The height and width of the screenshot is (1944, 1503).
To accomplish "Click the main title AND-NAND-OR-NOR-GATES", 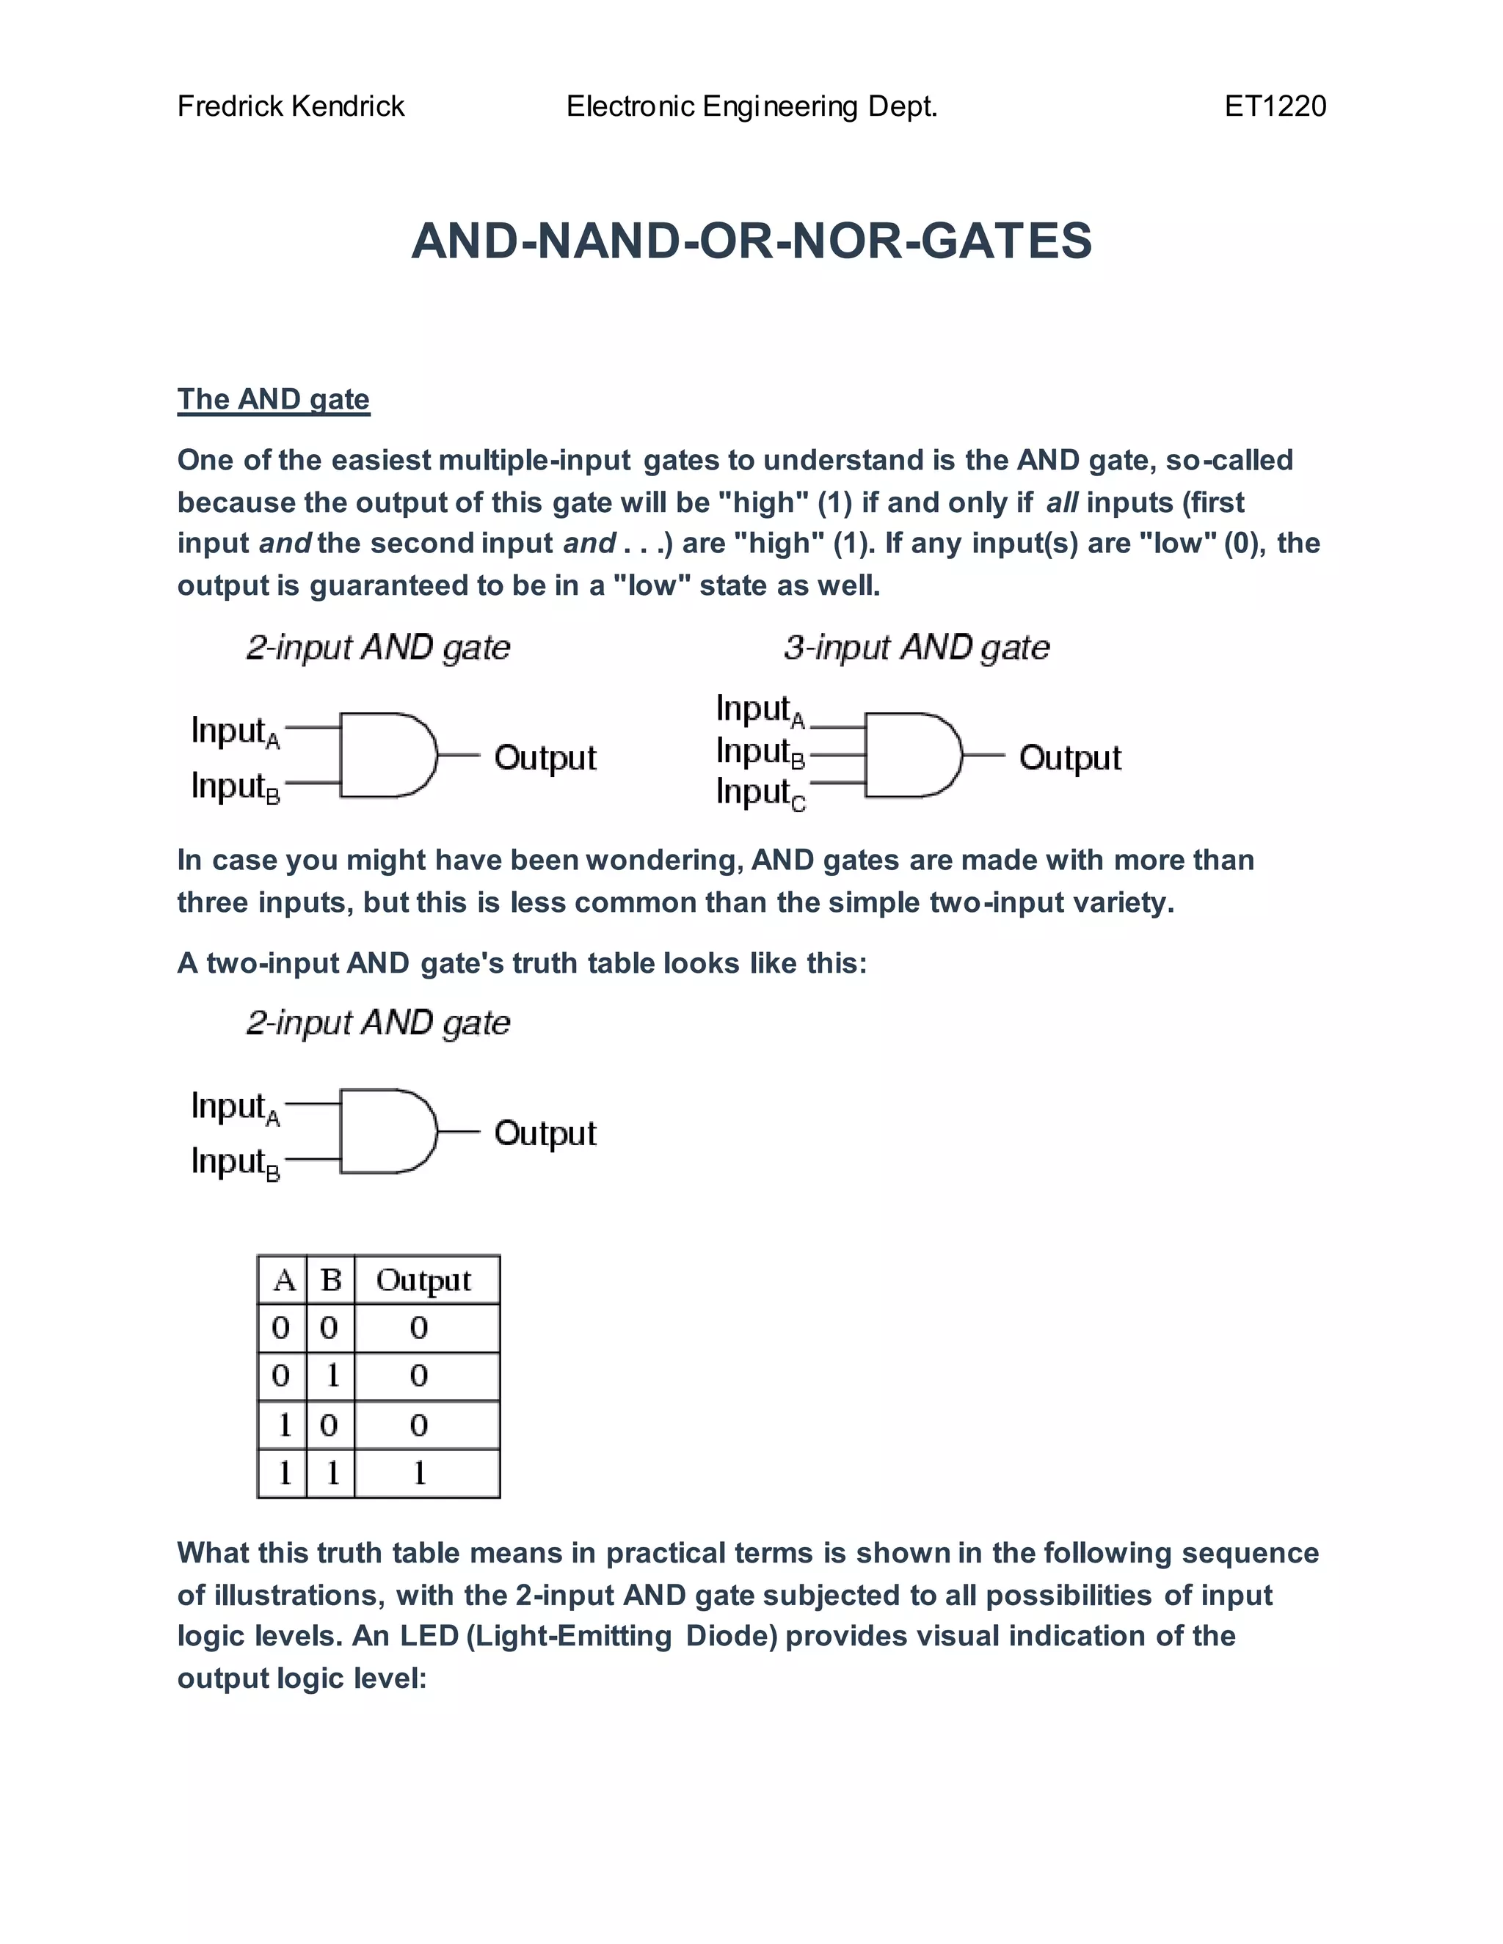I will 751,241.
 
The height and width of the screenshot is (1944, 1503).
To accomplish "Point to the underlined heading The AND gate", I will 273,399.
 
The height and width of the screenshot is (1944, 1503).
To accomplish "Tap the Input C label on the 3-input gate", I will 760,792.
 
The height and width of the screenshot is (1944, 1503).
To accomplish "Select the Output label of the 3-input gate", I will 1069,758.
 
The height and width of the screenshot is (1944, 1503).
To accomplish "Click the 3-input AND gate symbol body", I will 909,755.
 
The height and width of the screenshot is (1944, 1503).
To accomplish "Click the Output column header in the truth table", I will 424,1280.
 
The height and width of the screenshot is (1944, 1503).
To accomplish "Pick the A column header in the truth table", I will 283,1280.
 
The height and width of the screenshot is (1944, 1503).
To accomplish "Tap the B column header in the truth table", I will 330,1280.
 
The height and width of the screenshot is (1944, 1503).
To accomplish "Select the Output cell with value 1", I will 418,1473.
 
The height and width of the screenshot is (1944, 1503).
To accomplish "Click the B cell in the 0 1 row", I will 331,1376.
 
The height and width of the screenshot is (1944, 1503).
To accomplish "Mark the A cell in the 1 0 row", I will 283,1425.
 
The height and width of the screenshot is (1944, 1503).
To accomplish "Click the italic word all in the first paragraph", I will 1061,503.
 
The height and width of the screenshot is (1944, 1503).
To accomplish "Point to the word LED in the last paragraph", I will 429,1636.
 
